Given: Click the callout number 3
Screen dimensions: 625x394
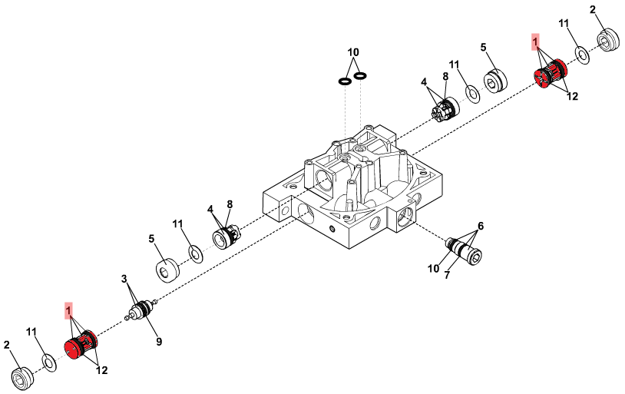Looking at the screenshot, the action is [x=124, y=278].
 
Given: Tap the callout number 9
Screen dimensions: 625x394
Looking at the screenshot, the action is [x=159, y=341].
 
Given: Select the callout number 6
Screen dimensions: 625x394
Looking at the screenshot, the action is [x=481, y=226].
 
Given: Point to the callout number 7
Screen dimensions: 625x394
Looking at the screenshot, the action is [x=447, y=275].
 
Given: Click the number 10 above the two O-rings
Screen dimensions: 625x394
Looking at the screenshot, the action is [x=353, y=52].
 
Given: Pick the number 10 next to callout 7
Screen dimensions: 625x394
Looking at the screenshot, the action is [x=433, y=268].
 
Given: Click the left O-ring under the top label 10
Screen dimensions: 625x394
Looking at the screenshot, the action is [x=345, y=81].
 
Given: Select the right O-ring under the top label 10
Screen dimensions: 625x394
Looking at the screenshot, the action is [x=360, y=75].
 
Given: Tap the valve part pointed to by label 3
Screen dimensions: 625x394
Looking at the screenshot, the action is [x=141, y=310].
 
